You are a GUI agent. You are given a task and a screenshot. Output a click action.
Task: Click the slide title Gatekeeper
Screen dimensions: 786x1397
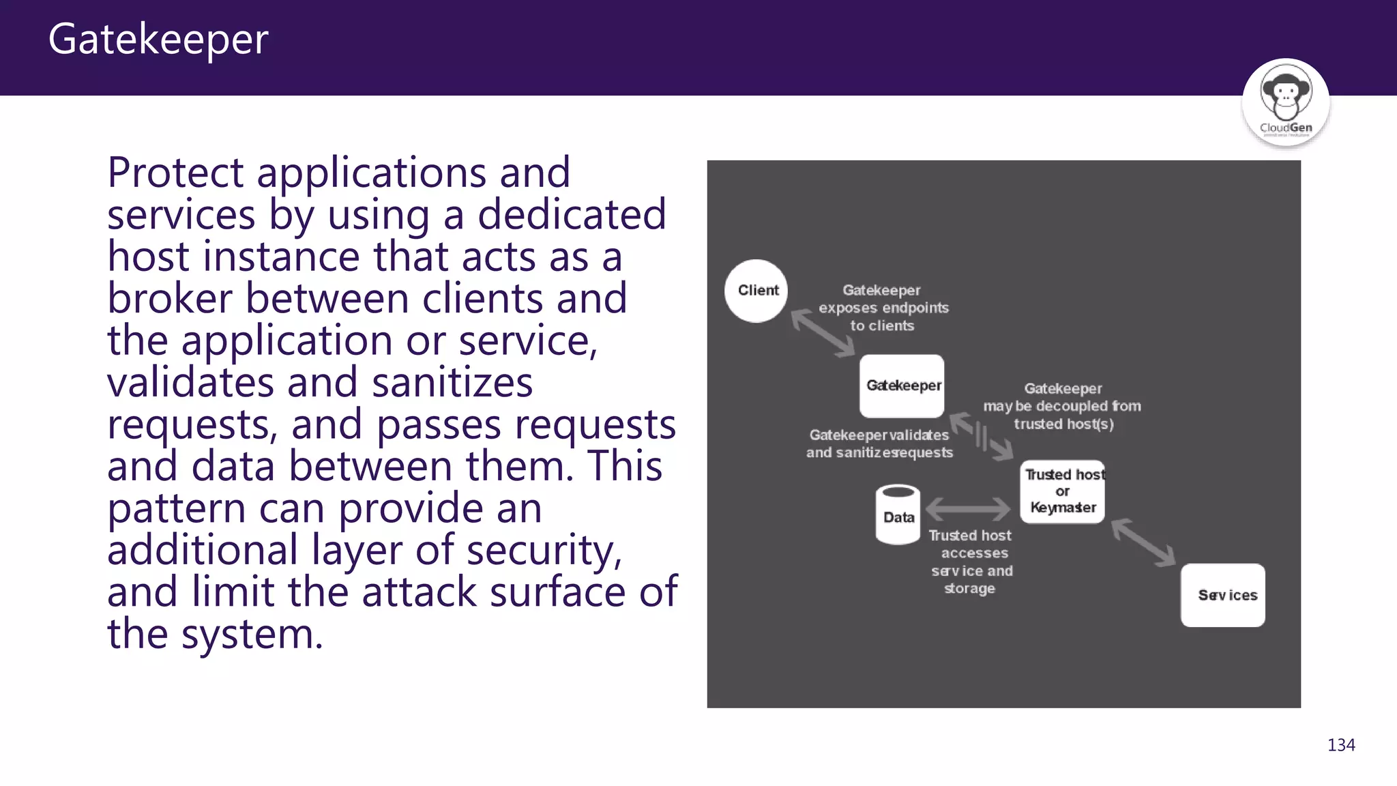tap(158, 40)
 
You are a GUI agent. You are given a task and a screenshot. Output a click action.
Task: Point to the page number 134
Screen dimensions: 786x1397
tap(1340, 745)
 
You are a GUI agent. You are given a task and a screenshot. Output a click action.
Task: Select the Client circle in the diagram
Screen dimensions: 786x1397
tap(756, 291)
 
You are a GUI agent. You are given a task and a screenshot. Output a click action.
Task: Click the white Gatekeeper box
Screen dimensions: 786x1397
tap(902, 386)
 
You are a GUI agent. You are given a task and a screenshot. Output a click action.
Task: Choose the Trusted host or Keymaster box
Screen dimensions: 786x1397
tap(1062, 492)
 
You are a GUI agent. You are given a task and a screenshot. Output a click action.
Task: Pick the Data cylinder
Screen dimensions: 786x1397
tap(898, 515)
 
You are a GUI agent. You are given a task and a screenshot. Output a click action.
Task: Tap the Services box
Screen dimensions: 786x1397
tap(1222, 595)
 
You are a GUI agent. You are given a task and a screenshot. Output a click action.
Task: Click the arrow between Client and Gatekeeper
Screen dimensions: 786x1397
tap(823, 332)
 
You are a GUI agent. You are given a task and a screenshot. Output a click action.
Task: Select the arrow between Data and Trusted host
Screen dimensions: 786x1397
tap(967, 509)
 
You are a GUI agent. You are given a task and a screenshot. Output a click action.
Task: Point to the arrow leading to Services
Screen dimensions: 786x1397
tap(1143, 542)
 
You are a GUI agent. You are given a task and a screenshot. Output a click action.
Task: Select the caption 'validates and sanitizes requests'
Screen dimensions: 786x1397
tap(879, 444)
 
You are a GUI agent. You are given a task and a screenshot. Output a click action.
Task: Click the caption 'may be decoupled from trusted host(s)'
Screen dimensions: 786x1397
tap(1062, 407)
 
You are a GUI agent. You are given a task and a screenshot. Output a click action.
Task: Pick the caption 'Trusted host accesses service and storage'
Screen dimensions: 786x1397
tap(971, 562)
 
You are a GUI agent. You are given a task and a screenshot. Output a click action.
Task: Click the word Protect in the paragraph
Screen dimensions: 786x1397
tap(175, 173)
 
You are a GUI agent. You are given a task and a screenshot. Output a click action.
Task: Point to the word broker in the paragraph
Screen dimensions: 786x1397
tap(169, 299)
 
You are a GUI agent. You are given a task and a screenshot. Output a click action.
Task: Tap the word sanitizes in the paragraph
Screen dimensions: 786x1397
tap(452, 383)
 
